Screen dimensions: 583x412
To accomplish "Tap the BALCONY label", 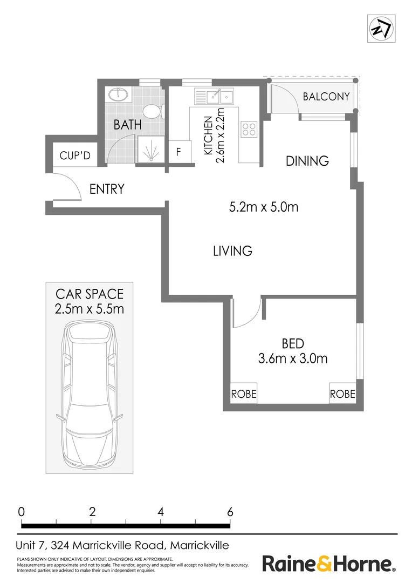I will click(x=326, y=97).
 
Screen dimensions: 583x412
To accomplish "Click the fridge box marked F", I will click(x=178, y=152).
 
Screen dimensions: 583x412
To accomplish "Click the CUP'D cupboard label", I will click(x=75, y=156).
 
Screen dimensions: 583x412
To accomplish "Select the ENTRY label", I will click(x=107, y=189).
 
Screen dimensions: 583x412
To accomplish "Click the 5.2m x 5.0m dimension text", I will click(x=264, y=207).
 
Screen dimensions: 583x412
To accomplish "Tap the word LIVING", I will click(x=232, y=251).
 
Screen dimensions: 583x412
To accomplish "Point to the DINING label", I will click(x=307, y=161).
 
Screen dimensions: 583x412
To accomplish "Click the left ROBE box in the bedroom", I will click(x=244, y=394).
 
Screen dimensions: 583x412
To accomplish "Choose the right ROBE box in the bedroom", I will click(x=342, y=394).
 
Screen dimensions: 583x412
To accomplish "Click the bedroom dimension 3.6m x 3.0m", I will click(x=293, y=358).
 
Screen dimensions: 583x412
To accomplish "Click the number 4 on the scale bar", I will click(x=161, y=511).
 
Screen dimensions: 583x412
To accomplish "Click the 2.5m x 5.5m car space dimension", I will click(x=90, y=309).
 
